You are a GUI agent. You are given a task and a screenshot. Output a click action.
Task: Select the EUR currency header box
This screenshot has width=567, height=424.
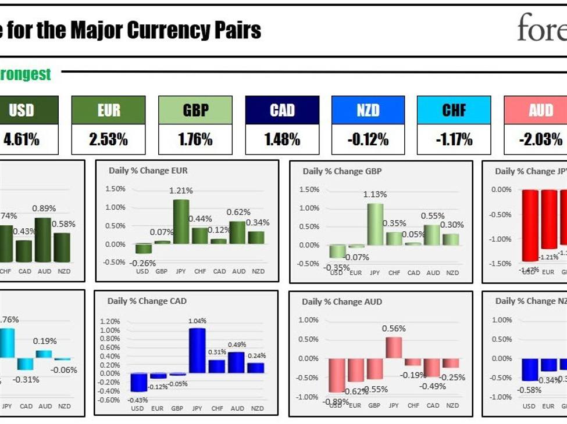(108, 110)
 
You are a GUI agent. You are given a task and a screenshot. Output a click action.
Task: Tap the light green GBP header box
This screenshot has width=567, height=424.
(195, 110)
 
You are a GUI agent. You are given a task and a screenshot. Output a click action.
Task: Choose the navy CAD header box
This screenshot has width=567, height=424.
(282, 110)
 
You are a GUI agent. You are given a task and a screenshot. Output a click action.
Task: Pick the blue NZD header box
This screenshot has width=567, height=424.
(368, 110)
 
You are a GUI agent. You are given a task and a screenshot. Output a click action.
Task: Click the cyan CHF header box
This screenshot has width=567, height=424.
(454, 110)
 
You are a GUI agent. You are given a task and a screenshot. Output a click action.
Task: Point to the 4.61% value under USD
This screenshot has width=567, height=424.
(22, 139)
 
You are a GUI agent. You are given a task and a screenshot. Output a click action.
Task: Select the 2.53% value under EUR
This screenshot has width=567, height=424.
(108, 139)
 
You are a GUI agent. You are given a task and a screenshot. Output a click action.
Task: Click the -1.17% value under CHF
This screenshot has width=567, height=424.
(454, 139)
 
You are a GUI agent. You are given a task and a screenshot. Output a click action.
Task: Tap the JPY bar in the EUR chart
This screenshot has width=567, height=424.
(181, 222)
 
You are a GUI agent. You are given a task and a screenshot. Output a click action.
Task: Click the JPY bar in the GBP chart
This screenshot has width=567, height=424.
(375, 224)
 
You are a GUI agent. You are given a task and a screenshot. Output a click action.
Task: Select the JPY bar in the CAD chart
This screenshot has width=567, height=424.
(197, 350)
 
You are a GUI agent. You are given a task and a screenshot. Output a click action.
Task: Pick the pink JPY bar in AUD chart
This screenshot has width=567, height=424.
(394, 347)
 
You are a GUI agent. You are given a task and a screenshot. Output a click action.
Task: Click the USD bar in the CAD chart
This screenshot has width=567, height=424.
(138, 382)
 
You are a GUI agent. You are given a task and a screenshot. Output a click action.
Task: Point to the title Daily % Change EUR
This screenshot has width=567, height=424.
(148, 171)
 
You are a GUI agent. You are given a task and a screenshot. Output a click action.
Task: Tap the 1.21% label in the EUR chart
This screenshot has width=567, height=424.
(181, 191)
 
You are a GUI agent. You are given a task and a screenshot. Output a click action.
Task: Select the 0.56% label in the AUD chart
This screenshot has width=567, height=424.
(394, 328)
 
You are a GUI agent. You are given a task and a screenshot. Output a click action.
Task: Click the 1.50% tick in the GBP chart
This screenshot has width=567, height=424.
(309, 189)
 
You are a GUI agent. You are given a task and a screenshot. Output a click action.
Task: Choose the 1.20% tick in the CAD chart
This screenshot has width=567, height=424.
(110, 321)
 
